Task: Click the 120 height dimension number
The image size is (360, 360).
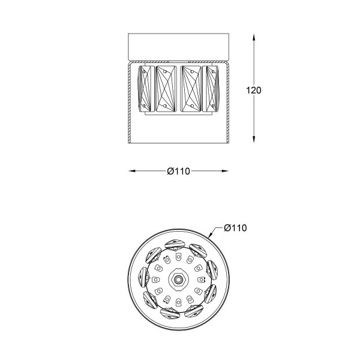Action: (x=253, y=90)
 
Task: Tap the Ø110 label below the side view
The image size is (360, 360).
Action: (x=178, y=171)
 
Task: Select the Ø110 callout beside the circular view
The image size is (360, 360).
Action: (x=235, y=228)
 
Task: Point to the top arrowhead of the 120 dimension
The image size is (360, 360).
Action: (x=254, y=37)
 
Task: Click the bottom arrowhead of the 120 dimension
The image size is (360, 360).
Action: (x=254, y=139)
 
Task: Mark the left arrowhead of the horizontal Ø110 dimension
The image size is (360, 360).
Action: (x=132, y=171)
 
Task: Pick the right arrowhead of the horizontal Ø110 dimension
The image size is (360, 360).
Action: (x=225, y=171)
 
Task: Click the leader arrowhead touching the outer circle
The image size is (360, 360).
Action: (x=211, y=235)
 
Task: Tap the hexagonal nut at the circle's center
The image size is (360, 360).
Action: (x=178, y=279)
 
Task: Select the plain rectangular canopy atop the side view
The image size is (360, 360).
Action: (x=178, y=47)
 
